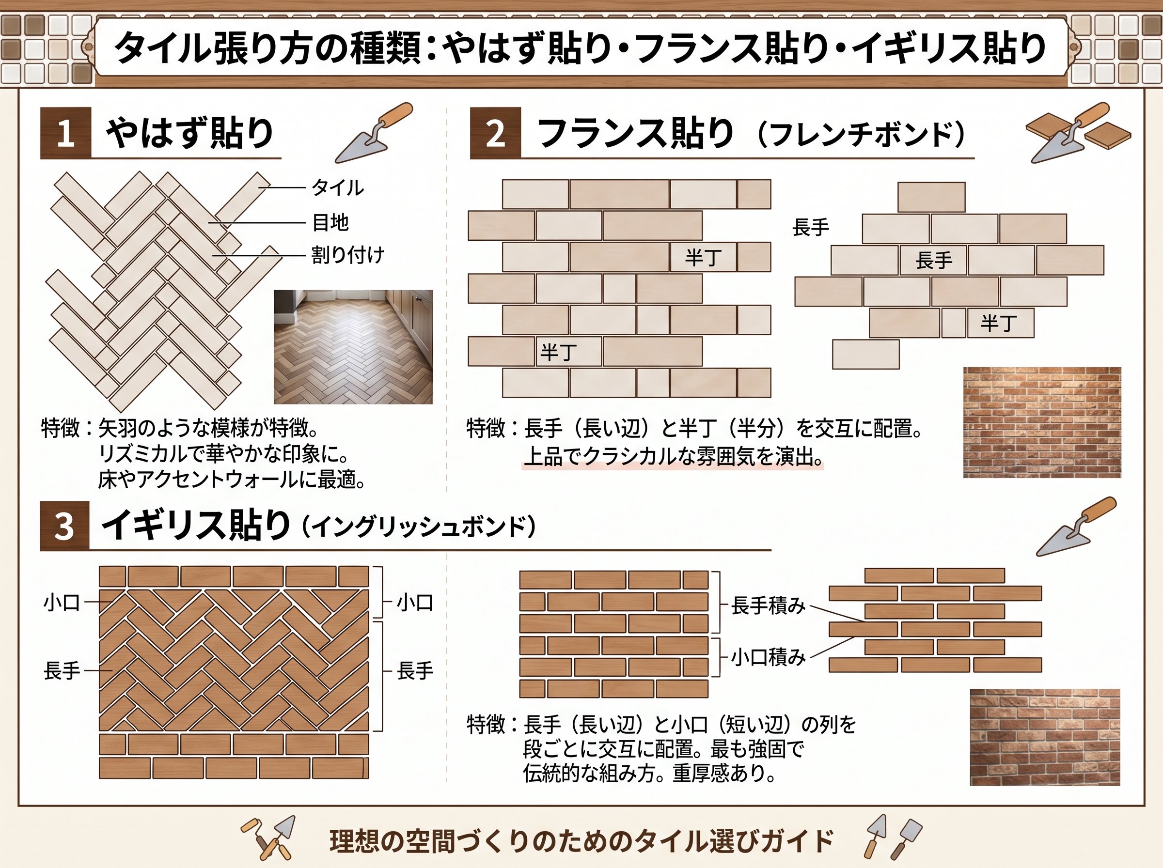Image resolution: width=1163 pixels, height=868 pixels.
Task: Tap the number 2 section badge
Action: click(x=495, y=133)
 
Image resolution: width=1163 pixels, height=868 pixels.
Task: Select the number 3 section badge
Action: click(x=64, y=526)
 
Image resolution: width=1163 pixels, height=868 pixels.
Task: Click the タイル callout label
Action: click(x=337, y=187)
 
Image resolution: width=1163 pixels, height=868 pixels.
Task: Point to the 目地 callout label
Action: click(x=330, y=223)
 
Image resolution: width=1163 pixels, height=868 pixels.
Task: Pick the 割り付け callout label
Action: click(x=348, y=255)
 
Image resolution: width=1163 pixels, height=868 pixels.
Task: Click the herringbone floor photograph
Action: click(x=353, y=347)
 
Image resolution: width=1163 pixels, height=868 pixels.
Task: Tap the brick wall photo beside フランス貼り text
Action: click(x=1042, y=422)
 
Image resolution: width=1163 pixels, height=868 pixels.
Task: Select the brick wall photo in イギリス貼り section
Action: click(x=1045, y=737)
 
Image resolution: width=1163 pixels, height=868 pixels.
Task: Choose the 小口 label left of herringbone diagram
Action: click(x=62, y=603)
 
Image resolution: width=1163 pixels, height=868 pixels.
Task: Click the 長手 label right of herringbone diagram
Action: click(x=415, y=671)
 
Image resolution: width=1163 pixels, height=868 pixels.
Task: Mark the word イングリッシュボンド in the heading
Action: click(x=419, y=527)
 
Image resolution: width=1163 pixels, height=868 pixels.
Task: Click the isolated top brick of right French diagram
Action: click(x=931, y=197)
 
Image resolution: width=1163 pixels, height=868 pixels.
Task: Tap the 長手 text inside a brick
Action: click(x=934, y=260)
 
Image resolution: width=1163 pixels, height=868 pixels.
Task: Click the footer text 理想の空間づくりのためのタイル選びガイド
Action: click(x=581, y=841)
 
